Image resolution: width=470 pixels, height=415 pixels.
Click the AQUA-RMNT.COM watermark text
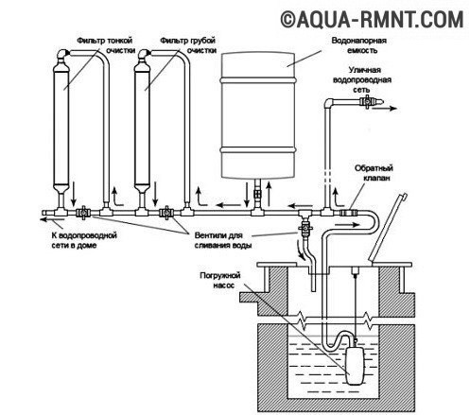(372, 20)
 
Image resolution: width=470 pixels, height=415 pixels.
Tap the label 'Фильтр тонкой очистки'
(107, 45)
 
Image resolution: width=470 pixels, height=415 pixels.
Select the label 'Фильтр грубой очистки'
(188, 45)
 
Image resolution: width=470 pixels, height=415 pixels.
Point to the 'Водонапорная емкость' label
(359, 45)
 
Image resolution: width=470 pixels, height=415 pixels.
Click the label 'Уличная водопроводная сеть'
(362, 79)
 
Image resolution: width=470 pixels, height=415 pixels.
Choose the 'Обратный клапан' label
(374, 173)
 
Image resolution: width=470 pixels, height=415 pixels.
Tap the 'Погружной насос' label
(220, 280)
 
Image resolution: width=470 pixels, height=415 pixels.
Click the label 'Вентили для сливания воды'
(223, 240)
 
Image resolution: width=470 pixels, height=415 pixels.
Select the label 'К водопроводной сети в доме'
(84, 240)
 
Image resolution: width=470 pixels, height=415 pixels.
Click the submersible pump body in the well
(356, 364)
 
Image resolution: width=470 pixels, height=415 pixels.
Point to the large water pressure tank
(258, 115)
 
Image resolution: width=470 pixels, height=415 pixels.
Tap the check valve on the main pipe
(348, 213)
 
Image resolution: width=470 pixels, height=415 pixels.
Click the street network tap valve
(367, 102)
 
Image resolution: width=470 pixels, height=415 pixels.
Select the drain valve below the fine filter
(83, 213)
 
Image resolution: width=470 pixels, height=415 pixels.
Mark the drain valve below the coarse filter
(165, 213)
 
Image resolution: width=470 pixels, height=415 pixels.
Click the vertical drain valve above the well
(305, 228)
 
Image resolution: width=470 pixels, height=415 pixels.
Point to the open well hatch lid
(389, 227)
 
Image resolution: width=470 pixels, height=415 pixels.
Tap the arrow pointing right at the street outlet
(384, 109)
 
